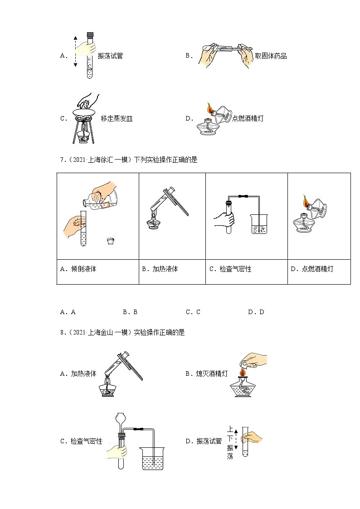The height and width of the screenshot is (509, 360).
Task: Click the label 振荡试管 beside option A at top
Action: (110, 56)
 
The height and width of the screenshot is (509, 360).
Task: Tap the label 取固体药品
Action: (271, 56)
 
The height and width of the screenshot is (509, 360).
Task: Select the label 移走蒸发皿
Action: (117, 119)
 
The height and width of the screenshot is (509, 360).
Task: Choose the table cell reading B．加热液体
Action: (160, 269)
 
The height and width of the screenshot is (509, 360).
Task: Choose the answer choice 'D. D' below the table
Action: (256, 312)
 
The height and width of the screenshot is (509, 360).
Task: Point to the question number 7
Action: (62, 160)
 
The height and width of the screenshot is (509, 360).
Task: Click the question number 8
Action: (62, 332)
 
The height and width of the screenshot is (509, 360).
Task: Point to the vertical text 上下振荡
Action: (230, 443)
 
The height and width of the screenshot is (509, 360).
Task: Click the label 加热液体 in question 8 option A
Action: (83, 374)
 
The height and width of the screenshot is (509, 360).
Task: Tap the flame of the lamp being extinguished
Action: (242, 372)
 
